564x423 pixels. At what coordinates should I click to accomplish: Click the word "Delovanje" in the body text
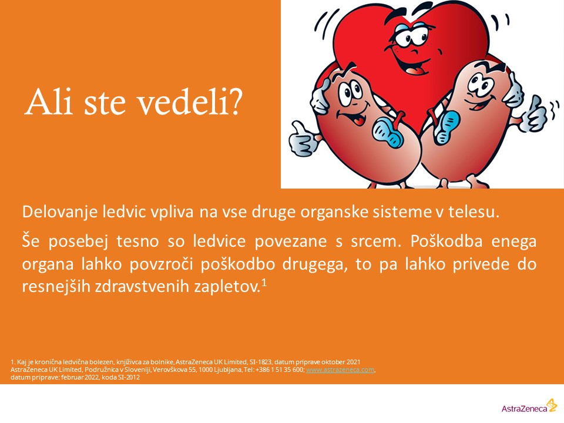60,212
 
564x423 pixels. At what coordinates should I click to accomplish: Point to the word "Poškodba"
446,241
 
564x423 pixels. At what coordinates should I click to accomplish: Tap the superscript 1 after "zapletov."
264,283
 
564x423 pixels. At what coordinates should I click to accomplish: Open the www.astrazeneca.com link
340,370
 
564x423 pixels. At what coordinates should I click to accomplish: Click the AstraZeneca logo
529,407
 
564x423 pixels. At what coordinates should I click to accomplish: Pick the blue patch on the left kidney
388,132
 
